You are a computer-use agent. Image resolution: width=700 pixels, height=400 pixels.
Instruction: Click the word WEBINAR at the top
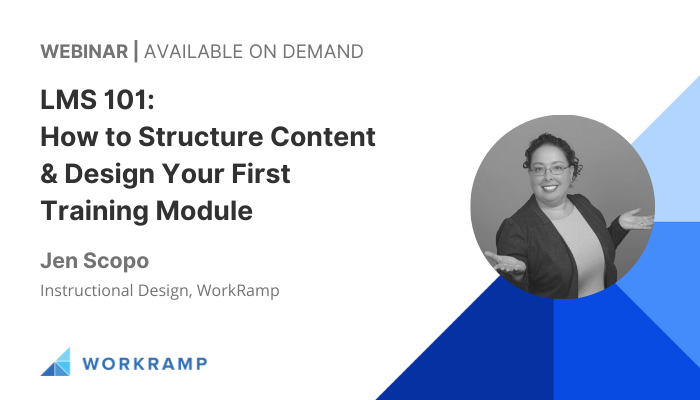coord(84,51)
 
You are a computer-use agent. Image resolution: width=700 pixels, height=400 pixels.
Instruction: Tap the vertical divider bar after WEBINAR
coord(136,51)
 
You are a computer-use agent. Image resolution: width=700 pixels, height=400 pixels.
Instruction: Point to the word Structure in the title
coord(200,136)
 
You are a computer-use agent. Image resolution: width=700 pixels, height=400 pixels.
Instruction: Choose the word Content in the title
coord(323,136)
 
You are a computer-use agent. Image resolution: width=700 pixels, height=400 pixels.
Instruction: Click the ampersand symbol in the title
coord(49,173)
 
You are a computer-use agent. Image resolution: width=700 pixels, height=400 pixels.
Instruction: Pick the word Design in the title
coord(109,175)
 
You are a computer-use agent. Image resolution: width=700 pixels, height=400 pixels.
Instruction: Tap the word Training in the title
coord(94,212)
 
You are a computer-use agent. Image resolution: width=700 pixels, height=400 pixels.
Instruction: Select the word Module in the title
coord(204,211)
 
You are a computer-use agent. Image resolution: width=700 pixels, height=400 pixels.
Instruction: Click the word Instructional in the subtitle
coord(87,290)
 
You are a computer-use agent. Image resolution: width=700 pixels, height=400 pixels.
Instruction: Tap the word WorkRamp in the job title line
coord(238,291)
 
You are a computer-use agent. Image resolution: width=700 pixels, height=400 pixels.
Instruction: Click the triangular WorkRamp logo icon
coord(55,362)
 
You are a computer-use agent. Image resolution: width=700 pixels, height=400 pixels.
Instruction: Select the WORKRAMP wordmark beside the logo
coord(145,363)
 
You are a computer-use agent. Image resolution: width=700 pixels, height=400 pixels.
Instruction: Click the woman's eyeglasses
coord(549,170)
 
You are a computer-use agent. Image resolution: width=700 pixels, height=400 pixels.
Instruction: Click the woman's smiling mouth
coord(550,188)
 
